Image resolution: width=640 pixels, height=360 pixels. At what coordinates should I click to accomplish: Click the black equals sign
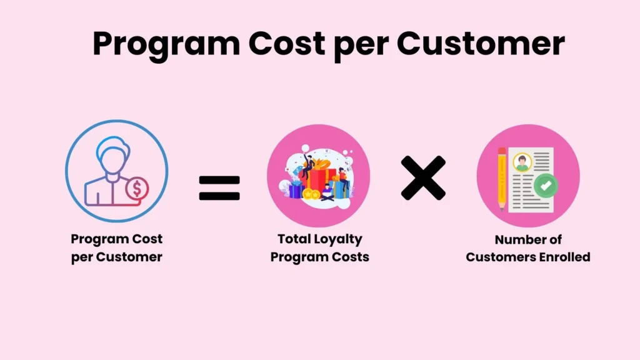(219, 187)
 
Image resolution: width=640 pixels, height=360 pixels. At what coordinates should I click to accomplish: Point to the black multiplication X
(424, 178)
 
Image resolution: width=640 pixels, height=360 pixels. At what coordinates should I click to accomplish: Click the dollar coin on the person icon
(136, 187)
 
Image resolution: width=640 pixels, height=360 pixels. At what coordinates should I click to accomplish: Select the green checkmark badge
(546, 186)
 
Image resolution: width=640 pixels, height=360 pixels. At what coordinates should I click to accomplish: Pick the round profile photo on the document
(522, 162)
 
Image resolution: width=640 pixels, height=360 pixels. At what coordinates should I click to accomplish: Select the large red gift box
(318, 180)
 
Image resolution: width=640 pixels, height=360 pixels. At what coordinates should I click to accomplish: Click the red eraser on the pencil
(502, 151)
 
